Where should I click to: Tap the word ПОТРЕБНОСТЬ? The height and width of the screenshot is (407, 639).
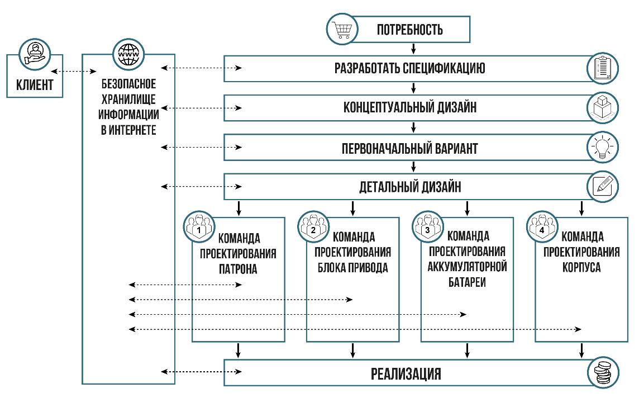409,30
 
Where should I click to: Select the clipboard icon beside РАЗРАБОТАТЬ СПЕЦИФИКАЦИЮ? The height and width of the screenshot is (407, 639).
602,68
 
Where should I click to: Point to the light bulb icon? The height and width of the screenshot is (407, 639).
602,148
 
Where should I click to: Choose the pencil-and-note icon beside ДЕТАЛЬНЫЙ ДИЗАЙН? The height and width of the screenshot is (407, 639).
602,186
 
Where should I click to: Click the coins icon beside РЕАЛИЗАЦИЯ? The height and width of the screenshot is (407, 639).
602,373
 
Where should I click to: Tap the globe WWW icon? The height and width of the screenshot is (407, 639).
126,54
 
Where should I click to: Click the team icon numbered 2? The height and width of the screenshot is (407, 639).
312,226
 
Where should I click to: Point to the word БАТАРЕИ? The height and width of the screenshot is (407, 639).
466,282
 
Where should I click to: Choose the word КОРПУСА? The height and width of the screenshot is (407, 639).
581,267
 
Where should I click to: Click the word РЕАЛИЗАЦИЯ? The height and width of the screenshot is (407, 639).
406,374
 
